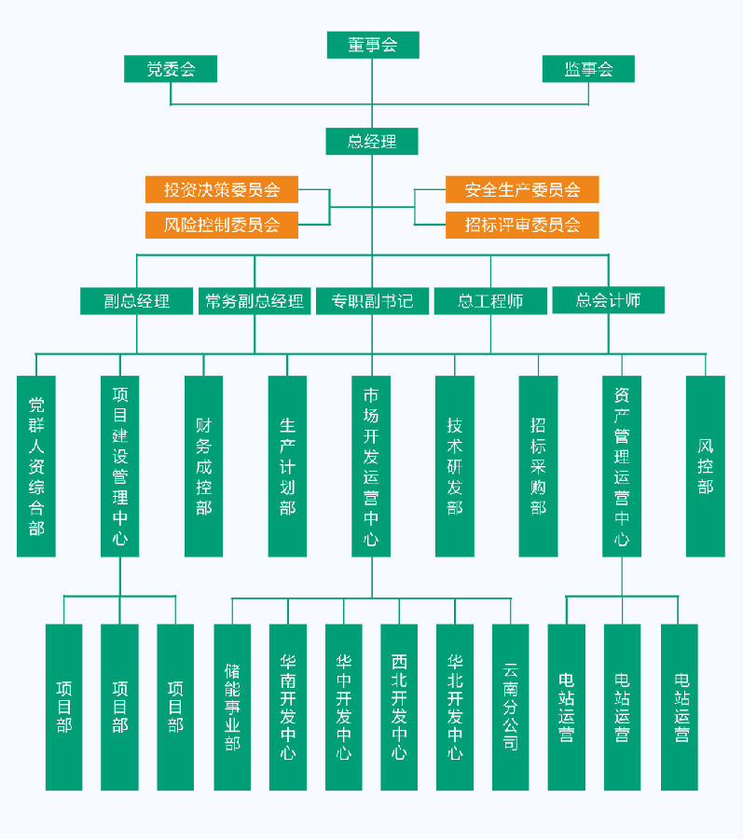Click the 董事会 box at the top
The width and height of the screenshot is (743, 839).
(x=373, y=45)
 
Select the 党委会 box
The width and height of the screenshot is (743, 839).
(x=171, y=69)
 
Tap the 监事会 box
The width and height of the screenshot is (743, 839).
(x=588, y=69)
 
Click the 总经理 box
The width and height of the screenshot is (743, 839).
(x=372, y=142)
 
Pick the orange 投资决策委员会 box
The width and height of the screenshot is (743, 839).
(x=222, y=189)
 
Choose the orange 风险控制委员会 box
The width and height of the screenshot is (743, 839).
(x=222, y=225)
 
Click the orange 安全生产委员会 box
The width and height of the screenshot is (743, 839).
(x=522, y=189)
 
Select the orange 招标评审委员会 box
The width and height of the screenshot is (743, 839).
(x=522, y=225)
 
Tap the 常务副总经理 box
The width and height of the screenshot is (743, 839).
(x=255, y=301)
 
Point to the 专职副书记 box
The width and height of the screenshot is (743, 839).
(x=372, y=301)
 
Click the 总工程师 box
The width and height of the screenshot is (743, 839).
(x=490, y=301)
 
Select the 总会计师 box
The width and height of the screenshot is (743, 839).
(x=608, y=300)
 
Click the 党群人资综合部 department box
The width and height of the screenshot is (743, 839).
(x=36, y=466)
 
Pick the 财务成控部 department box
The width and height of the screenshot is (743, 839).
(x=204, y=466)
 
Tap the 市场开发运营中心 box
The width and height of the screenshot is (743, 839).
(x=371, y=466)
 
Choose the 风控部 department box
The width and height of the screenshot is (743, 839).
(x=706, y=466)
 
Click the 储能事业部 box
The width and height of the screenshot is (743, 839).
(x=232, y=707)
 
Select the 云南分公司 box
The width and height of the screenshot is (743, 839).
(x=510, y=707)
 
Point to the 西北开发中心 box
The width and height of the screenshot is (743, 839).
(x=399, y=707)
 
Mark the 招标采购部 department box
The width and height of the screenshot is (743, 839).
(x=538, y=466)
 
